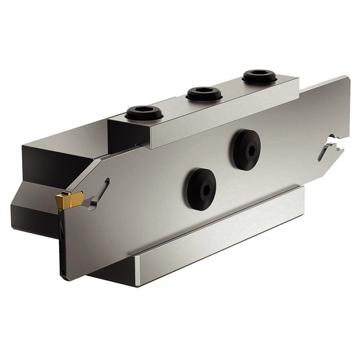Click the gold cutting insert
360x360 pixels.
click(69, 198)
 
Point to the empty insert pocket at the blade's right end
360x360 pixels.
click(330, 149)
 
